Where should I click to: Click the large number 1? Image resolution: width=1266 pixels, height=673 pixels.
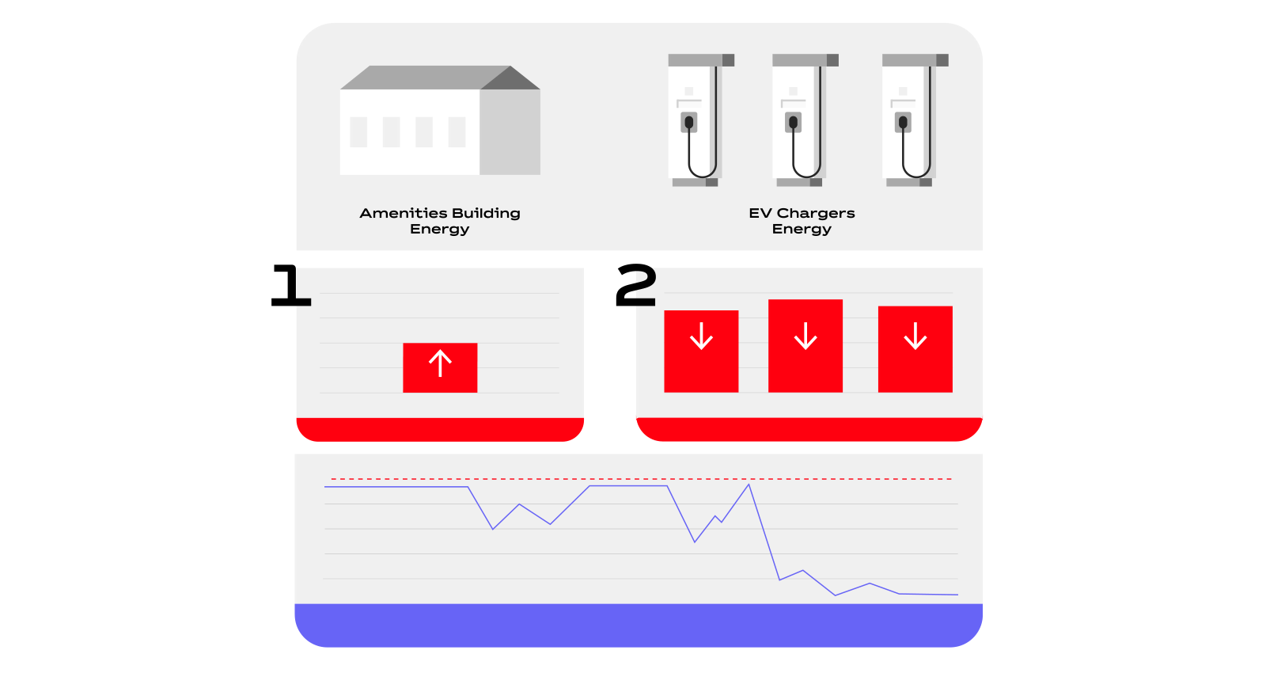291,286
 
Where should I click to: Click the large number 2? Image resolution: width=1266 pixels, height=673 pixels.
636,286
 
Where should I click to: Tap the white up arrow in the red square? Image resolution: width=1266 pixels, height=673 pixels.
440,363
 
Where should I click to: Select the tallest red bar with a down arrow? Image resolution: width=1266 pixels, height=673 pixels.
805,346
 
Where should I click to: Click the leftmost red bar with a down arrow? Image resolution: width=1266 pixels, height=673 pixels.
701,351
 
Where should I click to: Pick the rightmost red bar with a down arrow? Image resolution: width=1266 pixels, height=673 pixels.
915,349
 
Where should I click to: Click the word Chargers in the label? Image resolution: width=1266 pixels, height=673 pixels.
816,214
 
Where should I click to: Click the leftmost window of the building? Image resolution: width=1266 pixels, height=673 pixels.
358,132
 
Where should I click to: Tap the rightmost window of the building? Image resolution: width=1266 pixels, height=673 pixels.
457,132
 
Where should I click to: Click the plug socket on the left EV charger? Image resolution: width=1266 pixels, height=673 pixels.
689,123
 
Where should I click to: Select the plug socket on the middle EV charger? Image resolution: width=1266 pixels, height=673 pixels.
793,123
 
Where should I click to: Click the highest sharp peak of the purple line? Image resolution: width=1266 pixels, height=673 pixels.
749,485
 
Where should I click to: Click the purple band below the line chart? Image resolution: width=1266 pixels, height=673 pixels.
638,625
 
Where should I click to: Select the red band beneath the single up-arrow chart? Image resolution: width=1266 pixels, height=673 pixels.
440,429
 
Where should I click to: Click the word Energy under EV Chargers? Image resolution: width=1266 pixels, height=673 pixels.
802,230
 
